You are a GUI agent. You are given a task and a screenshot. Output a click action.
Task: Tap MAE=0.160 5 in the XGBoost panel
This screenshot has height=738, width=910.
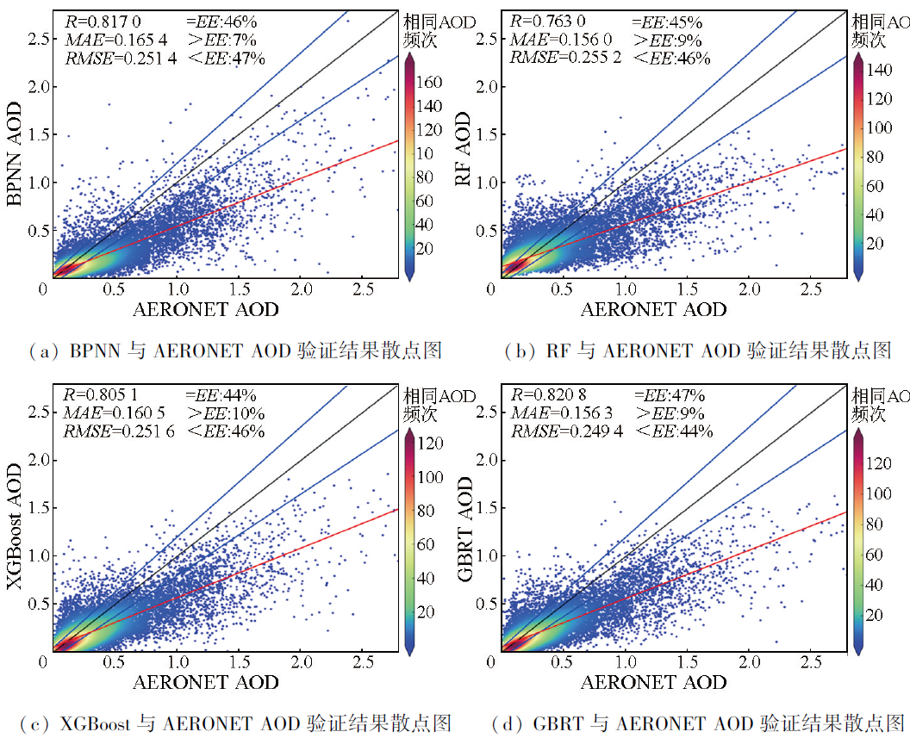tap(114, 413)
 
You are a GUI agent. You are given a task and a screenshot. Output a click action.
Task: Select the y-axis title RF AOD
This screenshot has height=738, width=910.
tap(464, 158)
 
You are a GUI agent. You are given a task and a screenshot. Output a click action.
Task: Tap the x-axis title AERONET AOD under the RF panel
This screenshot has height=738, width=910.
tap(653, 309)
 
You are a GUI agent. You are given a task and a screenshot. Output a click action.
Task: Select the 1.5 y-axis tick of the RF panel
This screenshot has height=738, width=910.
tap(487, 134)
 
